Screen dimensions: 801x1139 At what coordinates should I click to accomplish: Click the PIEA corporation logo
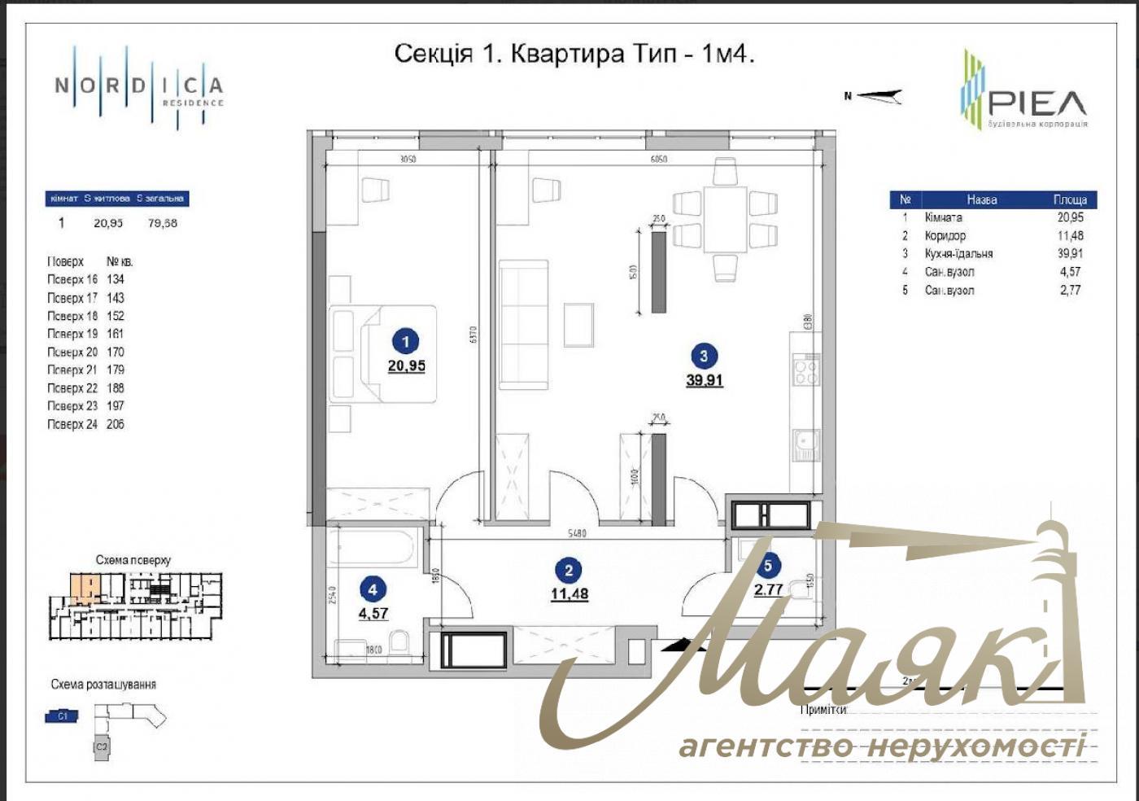tap(1023, 91)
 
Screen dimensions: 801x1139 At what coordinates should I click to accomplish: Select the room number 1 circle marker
tap(405, 341)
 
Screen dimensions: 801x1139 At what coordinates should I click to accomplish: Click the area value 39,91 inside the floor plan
tap(704, 380)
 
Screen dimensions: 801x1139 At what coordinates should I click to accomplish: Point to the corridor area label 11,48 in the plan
tap(569, 594)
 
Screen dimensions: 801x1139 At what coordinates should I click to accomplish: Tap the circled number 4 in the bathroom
tap(373, 590)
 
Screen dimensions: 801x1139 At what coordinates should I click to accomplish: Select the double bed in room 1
tap(382, 353)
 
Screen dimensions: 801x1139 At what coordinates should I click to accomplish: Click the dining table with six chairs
tap(725, 219)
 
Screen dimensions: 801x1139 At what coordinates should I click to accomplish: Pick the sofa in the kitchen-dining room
tap(523, 325)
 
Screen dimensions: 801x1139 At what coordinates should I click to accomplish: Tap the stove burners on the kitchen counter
tap(806, 370)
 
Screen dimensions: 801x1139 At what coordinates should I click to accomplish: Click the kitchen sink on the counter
tap(805, 444)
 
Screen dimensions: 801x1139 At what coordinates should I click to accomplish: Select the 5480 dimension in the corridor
tap(576, 534)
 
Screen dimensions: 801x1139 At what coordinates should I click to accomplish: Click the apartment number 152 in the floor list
tap(116, 316)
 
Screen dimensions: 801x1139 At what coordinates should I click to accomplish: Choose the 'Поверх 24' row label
tap(72, 424)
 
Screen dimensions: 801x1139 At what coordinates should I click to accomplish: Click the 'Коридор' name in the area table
tap(945, 235)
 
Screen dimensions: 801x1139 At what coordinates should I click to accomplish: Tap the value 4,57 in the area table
tap(1070, 272)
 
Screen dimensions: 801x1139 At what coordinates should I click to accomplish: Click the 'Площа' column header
tap(1070, 199)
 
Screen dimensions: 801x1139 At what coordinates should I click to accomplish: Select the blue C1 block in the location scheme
tap(63, 716)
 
